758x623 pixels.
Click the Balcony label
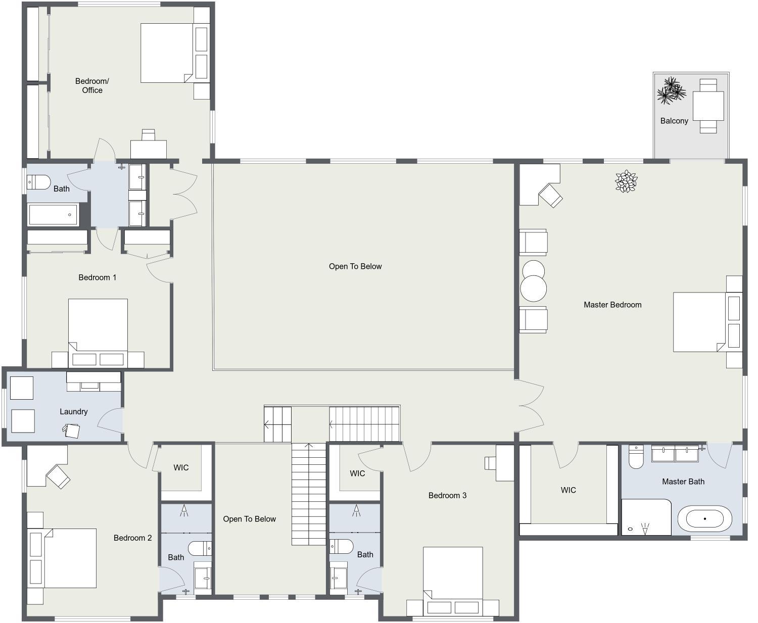[674, 121]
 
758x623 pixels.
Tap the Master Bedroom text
[612, 305]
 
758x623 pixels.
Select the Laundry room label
[74, 412]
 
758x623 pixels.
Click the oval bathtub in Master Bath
[704, 519]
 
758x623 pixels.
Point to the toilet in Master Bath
[636, 457]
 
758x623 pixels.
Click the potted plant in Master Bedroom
[626, 181]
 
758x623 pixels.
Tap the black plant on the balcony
[671, 90]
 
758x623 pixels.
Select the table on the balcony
[708, 106]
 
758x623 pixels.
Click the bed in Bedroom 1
[98, 333]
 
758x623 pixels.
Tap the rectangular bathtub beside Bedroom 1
[53, 215]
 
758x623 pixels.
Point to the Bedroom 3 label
[447, 496]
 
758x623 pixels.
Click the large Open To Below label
[355, 266]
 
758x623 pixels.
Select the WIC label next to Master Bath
[568, 490]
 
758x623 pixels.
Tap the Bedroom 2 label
[132, 538]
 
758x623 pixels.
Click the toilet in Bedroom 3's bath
[342, 547]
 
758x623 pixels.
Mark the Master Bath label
[683, 482]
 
